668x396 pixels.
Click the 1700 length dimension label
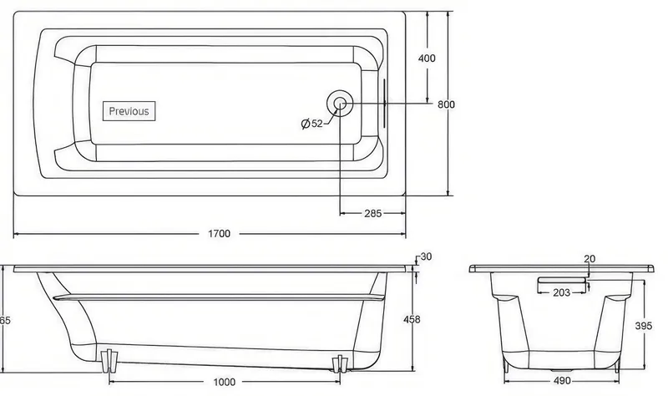(219, 234)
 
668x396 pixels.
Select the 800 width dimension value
(446, 104)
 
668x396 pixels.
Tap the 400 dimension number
(427, 58)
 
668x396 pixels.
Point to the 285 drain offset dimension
(372, 213)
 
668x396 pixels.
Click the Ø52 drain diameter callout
(311, 124)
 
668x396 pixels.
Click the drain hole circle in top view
(340, 103)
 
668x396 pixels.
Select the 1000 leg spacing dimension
(224, 382)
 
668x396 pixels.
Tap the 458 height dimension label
(412, 319)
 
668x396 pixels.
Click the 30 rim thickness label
(426, 256)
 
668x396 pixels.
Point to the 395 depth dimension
(643, 326)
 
